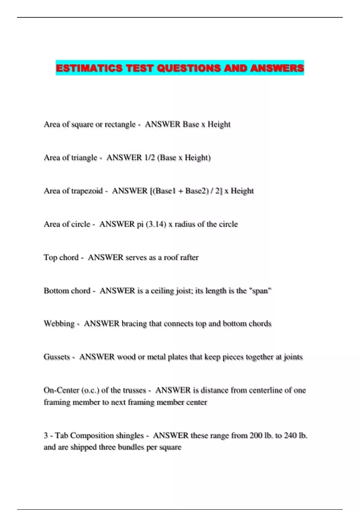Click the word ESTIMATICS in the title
89,68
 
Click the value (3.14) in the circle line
156,224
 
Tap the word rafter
189,258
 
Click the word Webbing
59,324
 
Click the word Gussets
57,357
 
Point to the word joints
293,357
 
